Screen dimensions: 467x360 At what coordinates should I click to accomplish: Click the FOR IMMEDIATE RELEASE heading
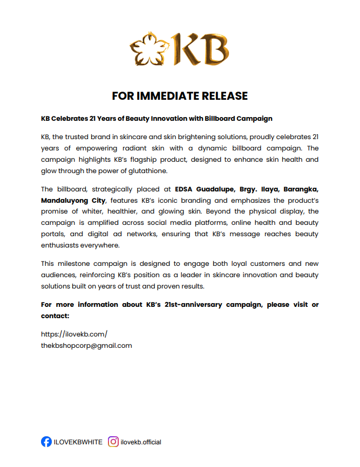180,96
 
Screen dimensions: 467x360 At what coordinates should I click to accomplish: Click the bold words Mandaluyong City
66,200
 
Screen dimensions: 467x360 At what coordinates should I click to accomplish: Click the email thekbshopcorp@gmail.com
86,346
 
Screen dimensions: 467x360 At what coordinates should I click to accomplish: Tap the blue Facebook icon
46,442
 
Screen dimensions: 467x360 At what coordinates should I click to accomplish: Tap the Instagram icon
113,442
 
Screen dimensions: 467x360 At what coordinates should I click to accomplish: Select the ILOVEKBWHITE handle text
78,442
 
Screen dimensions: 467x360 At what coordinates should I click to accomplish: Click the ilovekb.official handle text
141,442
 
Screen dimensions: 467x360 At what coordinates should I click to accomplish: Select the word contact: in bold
56,315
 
